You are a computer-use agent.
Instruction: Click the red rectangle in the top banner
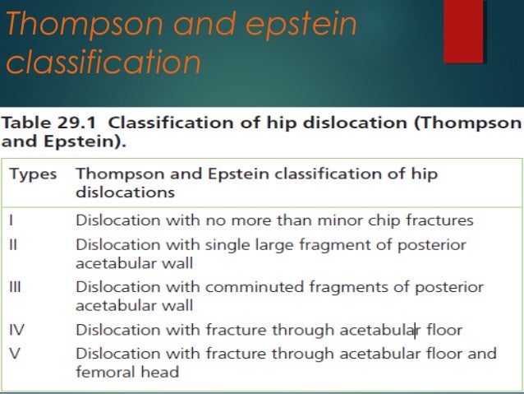463,31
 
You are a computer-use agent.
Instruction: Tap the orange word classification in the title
103,62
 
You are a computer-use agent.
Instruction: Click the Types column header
33,174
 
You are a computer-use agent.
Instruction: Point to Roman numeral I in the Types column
11,220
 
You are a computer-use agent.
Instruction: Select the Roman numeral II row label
14,245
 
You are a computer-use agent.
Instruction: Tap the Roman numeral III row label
16,288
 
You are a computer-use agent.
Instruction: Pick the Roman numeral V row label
14,355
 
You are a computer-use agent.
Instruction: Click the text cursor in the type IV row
416,331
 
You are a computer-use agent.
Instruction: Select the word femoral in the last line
103,372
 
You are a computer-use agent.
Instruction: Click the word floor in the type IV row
444,331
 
